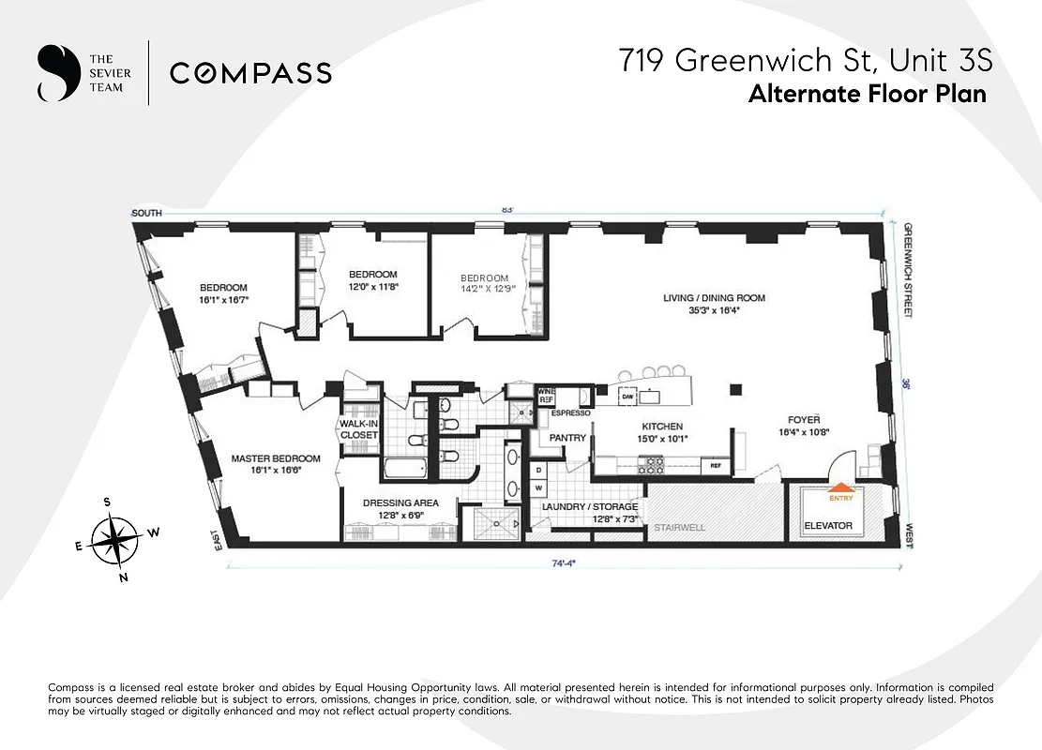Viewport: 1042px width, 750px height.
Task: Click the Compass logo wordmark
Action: pyautogui.click(x=250, y=73)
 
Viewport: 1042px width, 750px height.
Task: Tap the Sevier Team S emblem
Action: pyautogui.click(x=57, y=73)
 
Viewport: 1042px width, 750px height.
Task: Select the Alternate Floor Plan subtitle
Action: pyautogui.click(x=867, y=95)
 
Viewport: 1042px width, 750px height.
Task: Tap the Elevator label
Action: pyautogui.click(x=828, y=526)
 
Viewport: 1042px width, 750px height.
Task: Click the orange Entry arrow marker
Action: pyautogui.click(x=840, y=487)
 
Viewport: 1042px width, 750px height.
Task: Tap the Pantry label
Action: pyautogui.click(x=567, y=438)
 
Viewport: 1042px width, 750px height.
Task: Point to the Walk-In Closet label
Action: pyautogui.click(x=358, y=429)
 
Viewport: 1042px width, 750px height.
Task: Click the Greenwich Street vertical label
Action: pyautogui.click(x=909, y=271)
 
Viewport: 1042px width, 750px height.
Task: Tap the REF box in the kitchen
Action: pyautogui.click(x=715, y=465)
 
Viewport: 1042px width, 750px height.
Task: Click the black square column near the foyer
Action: pyautogui.click(x=736, y=389)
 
